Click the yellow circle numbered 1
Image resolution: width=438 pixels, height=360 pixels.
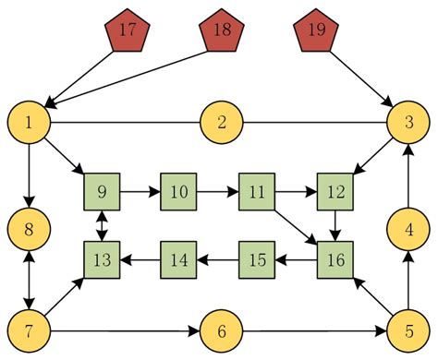(x=30, y=122)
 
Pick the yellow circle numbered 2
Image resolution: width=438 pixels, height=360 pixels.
(x=222, y=122)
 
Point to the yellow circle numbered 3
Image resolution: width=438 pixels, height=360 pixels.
(x=408, y=122)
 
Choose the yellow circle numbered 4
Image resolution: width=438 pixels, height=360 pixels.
(x=408, y=227)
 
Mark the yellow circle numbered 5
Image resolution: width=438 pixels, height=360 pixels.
(x=408, y=330)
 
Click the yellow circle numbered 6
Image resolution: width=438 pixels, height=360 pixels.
(x=222, y=330)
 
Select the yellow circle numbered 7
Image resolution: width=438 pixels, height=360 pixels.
(x=30, y=330)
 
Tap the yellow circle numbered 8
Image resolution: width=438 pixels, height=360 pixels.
(x=30, y=227)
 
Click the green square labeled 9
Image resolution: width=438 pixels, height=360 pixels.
(x=102, y=192)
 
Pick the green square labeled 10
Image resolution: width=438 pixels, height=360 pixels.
(x=179, y=192)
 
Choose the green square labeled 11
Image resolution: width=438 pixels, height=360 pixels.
(x=258, y=192)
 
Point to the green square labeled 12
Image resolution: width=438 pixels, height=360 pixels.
(x=335, y=192)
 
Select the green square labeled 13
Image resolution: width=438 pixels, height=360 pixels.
(x=102, y=260)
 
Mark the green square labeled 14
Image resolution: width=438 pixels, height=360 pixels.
(x=179, y=260)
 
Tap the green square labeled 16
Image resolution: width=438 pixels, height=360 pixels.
(x=335, y=260)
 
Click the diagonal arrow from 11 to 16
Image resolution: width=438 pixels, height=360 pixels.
(x=297, y=226)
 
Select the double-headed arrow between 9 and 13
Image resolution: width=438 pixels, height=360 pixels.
(x=102, y=226)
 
